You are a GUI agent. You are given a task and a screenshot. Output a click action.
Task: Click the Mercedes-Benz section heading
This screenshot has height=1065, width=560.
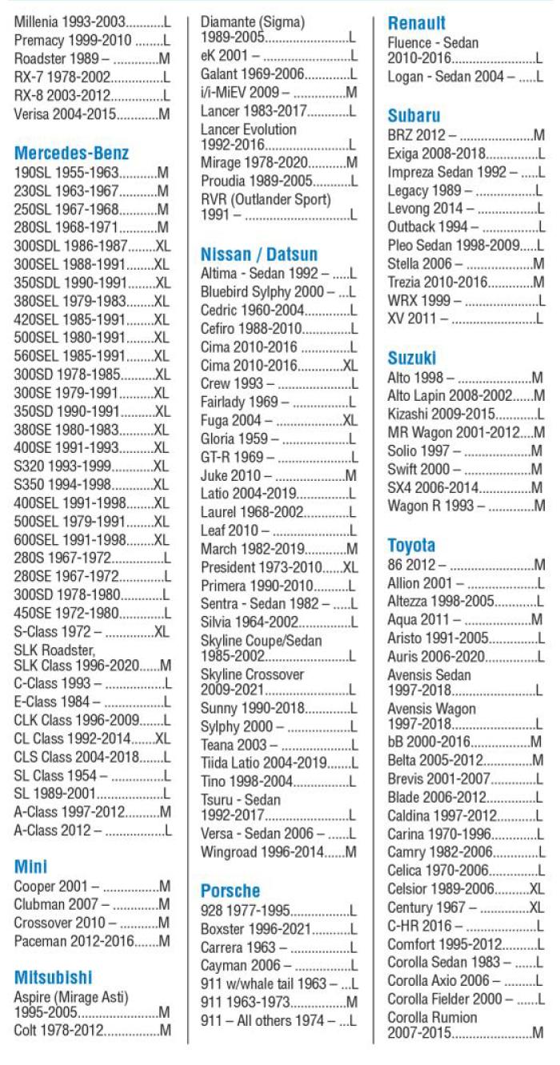coord(71,153)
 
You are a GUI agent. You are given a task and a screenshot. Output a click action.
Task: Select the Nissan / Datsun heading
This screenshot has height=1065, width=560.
coord(258,254)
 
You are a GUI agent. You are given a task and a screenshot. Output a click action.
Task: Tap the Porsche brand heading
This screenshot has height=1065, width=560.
coord(230,891)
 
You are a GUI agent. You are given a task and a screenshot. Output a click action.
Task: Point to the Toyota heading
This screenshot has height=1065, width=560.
coord(411,546)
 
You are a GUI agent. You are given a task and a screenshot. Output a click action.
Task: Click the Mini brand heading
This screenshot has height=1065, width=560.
coord(31,867)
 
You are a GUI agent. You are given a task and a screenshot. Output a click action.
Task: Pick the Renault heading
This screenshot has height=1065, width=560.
coord(416,23)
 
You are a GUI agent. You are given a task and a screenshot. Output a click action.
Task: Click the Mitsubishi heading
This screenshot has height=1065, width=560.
coord(53,977)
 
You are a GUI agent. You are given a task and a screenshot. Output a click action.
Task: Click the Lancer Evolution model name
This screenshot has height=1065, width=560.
coord(248,130)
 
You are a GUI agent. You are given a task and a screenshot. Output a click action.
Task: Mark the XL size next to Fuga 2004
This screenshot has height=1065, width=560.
coord(350,420)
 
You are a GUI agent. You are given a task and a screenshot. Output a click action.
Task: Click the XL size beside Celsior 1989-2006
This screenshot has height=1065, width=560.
coord(536,889)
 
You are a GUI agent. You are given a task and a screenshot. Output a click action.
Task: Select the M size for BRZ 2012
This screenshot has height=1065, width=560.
coord(538,135)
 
